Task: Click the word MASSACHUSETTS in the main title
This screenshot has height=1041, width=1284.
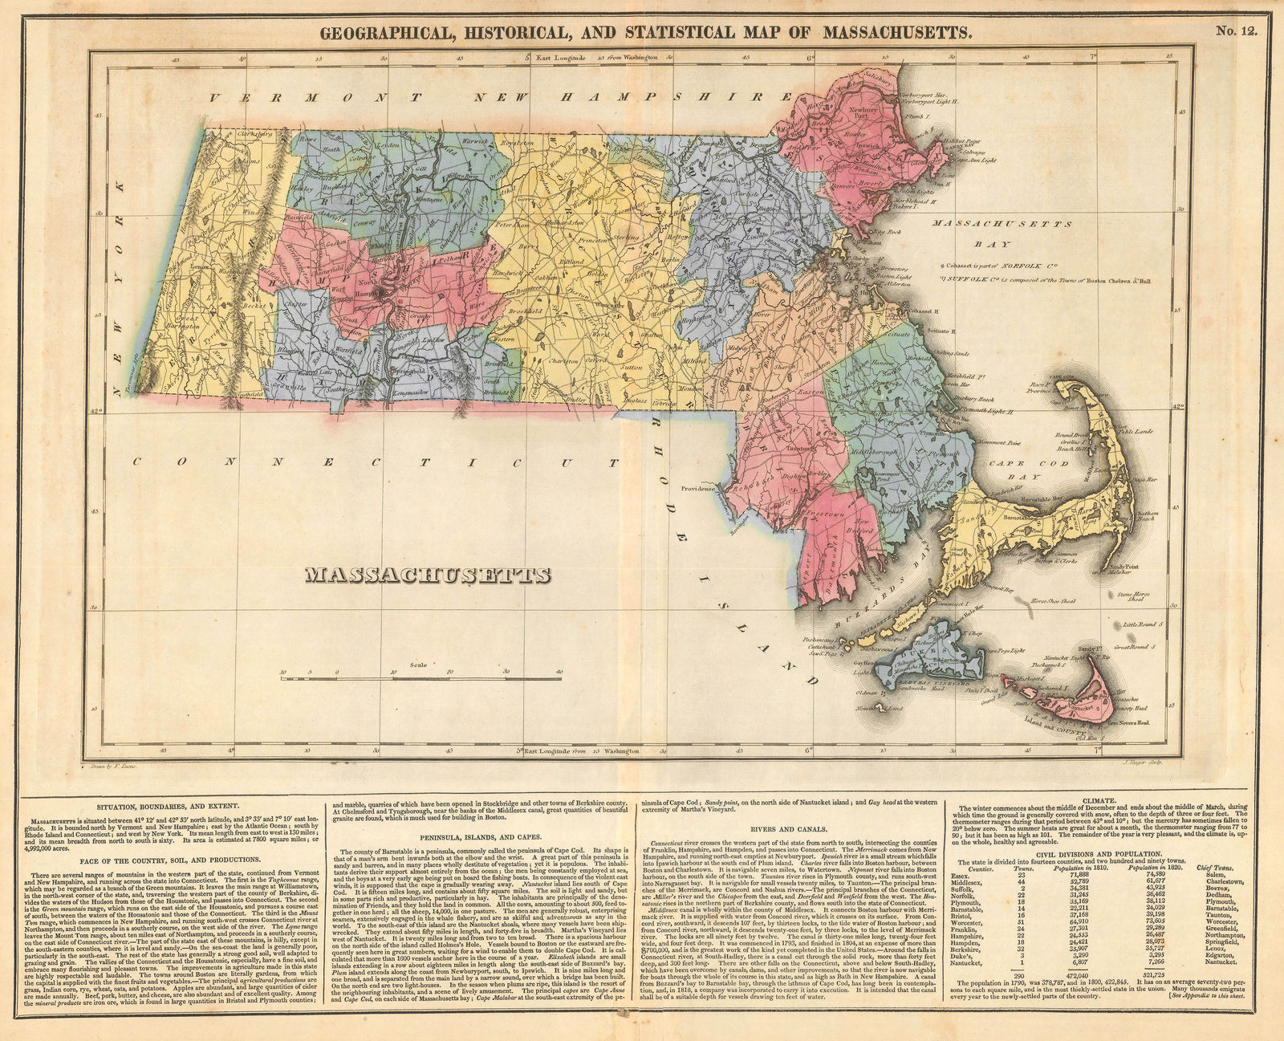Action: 897,33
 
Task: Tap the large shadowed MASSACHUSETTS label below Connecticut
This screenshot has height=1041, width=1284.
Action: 428,575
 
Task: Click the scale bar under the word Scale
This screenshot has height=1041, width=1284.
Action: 421,679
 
